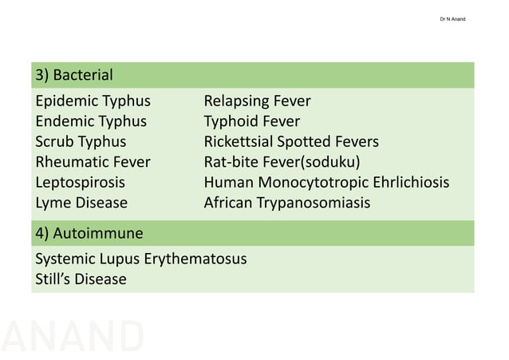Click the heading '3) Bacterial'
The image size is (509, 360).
74,76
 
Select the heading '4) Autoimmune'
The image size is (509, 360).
89,234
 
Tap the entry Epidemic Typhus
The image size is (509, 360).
93,101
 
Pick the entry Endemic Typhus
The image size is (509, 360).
91,121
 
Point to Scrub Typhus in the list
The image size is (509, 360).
81,142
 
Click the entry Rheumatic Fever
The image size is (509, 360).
93,162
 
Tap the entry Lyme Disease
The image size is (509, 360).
81,203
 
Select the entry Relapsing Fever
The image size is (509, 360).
257,101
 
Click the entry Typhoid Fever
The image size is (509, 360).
252,121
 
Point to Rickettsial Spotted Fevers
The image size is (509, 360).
291,142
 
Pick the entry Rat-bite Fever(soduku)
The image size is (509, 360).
282,162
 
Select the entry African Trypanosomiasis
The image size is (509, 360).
287,203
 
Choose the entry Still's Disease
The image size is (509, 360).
81,279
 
